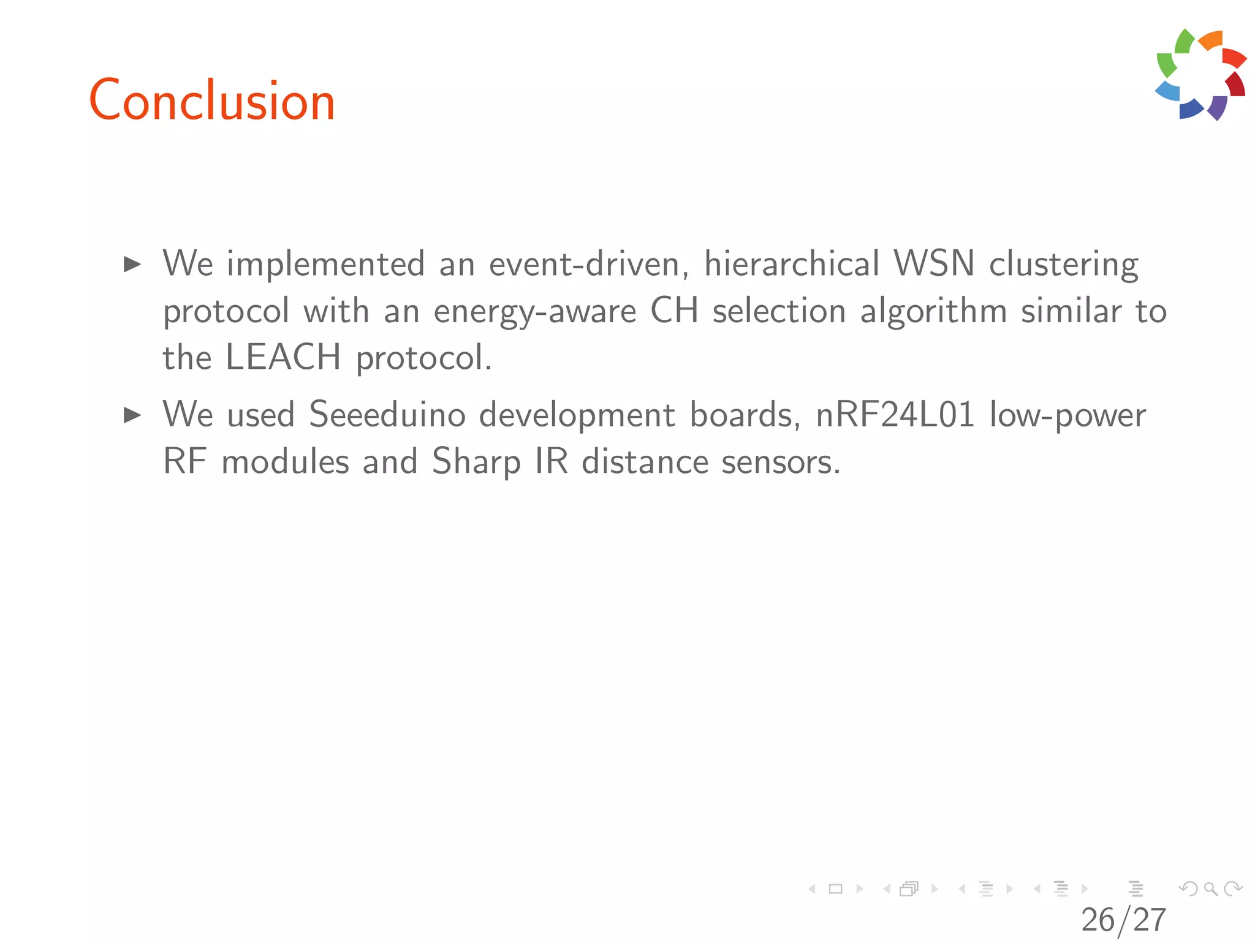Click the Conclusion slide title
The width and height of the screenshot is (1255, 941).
[212, 101]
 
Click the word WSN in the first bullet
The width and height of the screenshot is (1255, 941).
[934, 264]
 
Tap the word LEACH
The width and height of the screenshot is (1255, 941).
[283, 357]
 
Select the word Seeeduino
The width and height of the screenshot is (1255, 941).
[387, 415]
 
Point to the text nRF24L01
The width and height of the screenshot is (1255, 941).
[895, 415]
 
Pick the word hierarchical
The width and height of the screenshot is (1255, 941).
[792, 264]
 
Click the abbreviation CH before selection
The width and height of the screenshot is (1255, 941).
[674, 311]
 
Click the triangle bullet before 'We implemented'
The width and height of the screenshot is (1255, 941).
[132, 265]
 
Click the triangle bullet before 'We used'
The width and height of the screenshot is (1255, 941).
[132, 415]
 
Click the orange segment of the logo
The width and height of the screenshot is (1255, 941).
[1211, 40]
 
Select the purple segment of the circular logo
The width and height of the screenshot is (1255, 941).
[1218, 107]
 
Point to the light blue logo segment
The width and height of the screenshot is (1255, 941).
[1168, 91]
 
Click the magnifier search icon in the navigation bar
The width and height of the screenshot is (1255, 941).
[1210, 889]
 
